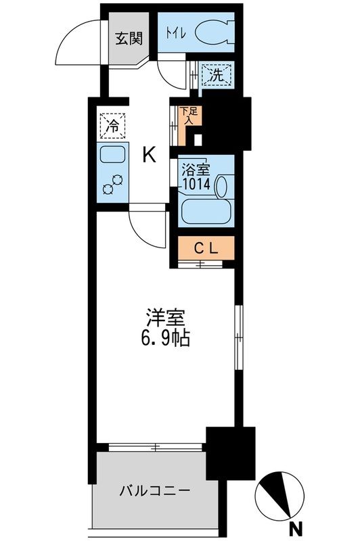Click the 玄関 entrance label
click(127, 39)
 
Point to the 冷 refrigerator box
click(112, 125)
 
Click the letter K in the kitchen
click(149, 155)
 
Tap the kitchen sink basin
click(112, 156)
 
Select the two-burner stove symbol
click(112, 183)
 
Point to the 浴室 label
click(192, 169)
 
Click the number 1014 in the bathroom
click(196, 182)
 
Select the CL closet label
click(206, 248)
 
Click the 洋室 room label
click(165, 317)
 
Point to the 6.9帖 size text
click(165, 338)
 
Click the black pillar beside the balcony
click(231, 452)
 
